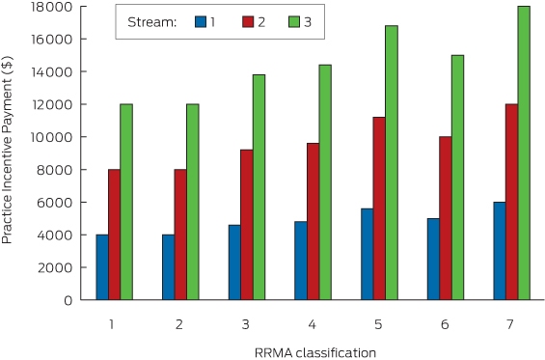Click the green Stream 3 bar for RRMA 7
524,153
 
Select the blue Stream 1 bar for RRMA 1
102,267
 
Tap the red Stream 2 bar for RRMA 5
379,208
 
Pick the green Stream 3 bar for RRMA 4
325,182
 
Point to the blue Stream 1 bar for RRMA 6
433,259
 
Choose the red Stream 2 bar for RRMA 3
247,225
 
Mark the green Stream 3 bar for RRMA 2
193,202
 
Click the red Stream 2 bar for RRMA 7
511,202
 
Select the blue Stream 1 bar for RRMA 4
301,261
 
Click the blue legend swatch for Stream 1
201,22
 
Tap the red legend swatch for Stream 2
248,22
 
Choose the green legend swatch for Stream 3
294,22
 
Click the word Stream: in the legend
152,22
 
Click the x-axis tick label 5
378,324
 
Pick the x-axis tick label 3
246,324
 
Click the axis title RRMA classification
315,352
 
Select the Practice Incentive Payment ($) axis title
7,150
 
